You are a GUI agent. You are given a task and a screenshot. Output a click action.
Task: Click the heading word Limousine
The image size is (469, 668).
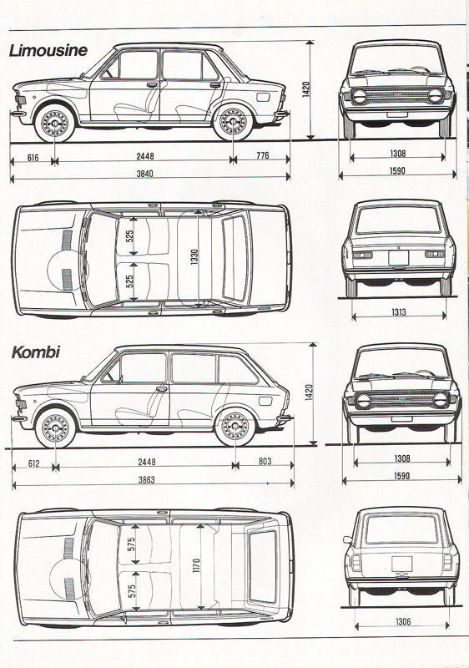[x=48, y=50]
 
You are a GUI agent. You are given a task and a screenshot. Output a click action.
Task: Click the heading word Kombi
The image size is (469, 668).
[x=36, y=352]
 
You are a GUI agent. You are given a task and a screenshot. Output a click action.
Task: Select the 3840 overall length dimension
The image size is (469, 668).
[x=144, y=174]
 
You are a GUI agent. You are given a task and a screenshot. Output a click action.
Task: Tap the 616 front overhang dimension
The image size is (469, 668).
[x=33, y=158]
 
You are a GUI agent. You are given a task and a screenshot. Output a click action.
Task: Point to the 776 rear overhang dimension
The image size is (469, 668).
[x=263, y=155]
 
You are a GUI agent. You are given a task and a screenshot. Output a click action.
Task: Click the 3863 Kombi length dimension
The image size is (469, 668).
[x=146, y=479]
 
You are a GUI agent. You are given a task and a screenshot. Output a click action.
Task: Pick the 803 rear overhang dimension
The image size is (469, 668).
[x=265, y=461]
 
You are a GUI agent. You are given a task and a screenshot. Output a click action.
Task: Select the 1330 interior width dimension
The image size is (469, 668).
[x=194, y=257]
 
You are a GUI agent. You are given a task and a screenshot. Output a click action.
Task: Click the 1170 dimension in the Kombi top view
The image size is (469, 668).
[x=197, y=565]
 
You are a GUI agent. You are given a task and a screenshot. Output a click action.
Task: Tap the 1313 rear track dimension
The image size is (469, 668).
[x=399, y=312]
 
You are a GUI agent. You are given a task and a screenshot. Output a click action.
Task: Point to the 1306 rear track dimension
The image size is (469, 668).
[x=403, y=621]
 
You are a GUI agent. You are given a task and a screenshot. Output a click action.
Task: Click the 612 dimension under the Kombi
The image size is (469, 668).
[x=33, y=463]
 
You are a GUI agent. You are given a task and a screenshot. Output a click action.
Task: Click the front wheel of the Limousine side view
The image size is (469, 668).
[x=54, y=123]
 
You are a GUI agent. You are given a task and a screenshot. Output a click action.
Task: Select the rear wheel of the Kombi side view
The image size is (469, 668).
[x=234, y=427]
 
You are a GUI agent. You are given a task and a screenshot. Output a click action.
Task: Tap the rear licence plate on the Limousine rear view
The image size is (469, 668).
[x=398, y=259]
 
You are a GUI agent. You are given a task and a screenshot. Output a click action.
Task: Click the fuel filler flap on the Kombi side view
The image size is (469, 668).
[x=265, y=401]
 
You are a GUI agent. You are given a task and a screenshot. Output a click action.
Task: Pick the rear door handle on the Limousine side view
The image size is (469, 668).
[x=215, y=85]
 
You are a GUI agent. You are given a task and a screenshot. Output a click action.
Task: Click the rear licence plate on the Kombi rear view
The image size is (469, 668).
[x=402, y=564]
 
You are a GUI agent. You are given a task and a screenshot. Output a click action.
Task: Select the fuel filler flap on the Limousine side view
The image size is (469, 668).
[x=263, y=97]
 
